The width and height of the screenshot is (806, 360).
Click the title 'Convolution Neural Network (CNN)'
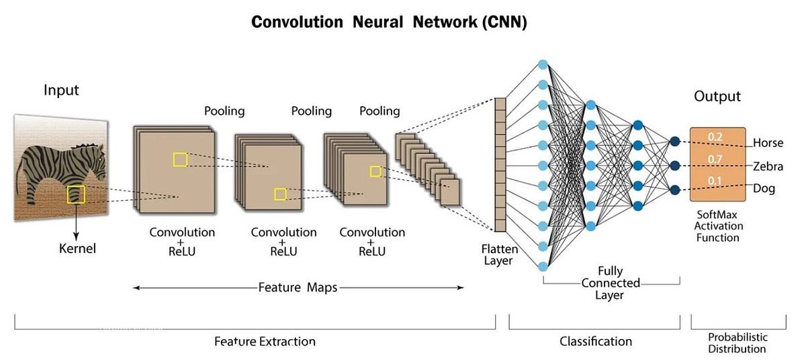[x=389, y=21]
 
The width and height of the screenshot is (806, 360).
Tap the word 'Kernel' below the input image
[x=78, y=249]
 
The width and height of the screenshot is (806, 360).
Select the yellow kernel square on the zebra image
[x=75, y=195]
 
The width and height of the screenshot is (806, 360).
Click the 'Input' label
[x=61, y=90]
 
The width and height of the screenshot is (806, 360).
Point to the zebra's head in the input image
[x=97, y=161]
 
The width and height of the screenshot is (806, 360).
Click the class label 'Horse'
[x=768, y=143]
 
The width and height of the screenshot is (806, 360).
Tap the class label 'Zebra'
[x=768, y=166]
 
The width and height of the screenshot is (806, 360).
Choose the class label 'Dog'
[x=764, y=189]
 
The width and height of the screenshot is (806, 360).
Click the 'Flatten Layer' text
[x=498, y=255]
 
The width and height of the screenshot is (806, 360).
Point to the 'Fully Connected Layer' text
[x=611, y=283]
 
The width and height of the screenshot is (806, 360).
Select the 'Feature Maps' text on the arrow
[x=298, y=287]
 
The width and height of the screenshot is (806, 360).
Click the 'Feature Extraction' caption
[x=265, y=341]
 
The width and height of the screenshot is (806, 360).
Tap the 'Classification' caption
[x=596, y=341]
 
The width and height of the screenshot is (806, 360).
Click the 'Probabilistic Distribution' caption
[x=737, y=343]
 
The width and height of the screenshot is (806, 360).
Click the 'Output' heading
[x=717, y=96]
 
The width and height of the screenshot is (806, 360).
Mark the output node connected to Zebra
[x=675, y=165]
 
